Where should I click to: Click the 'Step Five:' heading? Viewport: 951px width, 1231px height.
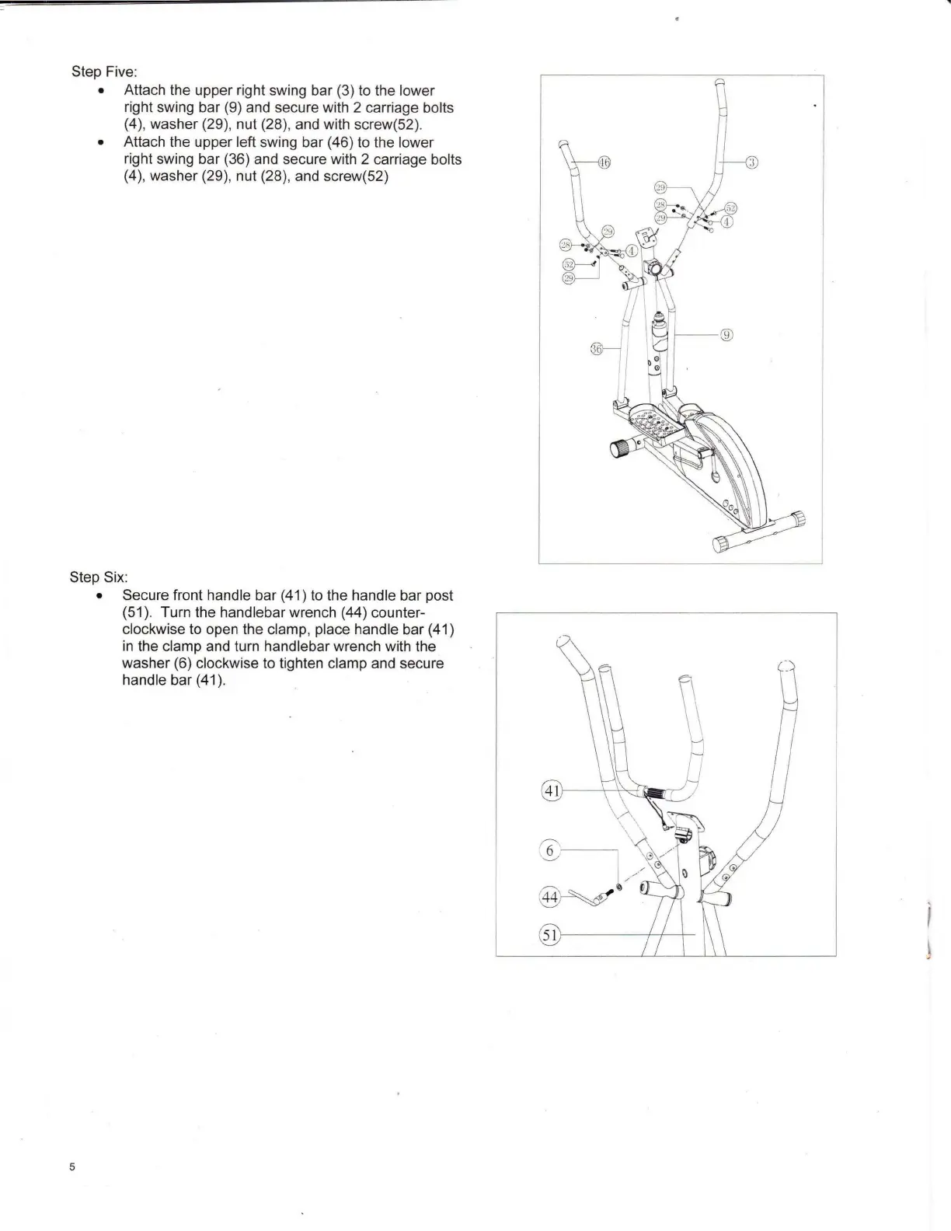(x=104, y=71)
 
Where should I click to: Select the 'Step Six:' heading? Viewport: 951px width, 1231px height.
(x=99, y=577)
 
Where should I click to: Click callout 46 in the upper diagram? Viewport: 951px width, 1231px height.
(x=604, y=162)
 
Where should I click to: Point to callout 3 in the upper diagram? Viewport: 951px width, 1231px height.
(x=751, y=162)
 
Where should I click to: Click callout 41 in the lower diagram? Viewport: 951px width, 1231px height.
(x=551, y=791)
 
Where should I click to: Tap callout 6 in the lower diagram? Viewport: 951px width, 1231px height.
(x=549, y=850)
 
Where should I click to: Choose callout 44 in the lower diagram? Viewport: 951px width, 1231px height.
(x=549, y=898)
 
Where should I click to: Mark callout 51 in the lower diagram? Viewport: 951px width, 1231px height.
(x=550, y=934)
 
